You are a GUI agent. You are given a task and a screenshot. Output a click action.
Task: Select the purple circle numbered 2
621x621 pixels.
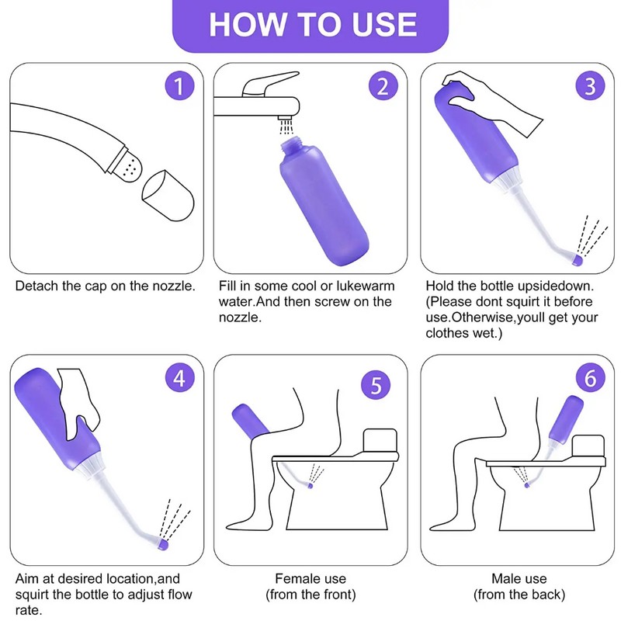pyautogui.click(x=381, y=86)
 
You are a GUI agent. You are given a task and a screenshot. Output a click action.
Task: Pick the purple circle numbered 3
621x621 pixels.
pyautogui.click(x=591, y=86)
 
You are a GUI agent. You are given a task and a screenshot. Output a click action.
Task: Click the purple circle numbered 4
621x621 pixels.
pyautogui.click(x=179, y=378)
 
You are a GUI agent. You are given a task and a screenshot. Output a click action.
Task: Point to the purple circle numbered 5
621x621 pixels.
pyautogui.click(x=376, y=384)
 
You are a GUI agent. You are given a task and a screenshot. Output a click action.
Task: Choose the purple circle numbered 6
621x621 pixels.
pyautogui.click(x=588, y=378)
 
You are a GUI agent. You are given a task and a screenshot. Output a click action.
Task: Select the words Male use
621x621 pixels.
pyautogui.click(x=519, y=579)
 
